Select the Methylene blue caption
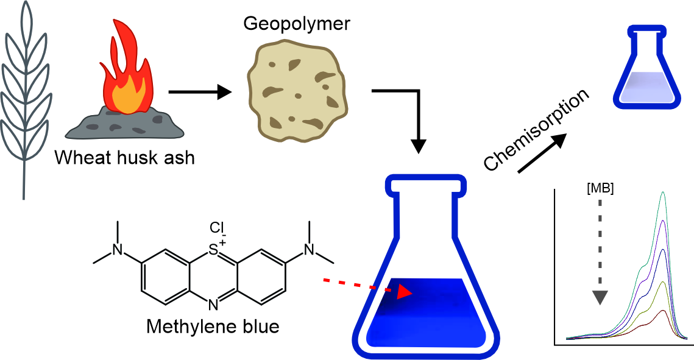point(213,326)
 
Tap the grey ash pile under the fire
point(125,124)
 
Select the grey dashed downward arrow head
point(600,297)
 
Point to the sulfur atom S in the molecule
point(213,250)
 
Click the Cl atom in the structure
point(218,228)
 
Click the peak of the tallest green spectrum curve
point(663,194)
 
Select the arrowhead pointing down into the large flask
point(419,146)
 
